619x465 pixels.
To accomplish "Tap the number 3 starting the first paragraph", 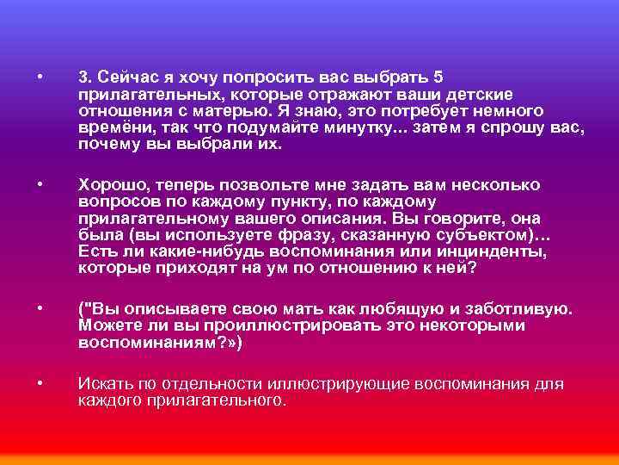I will pyautogui.click(x=83, y=76).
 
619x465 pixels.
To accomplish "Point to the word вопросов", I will pyautogui.click(x=113, y=202).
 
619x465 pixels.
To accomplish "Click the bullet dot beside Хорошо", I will pyautogui.click(x=40, y=185).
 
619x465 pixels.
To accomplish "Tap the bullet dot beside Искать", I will pyautogui.click(x=40, y=383).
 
